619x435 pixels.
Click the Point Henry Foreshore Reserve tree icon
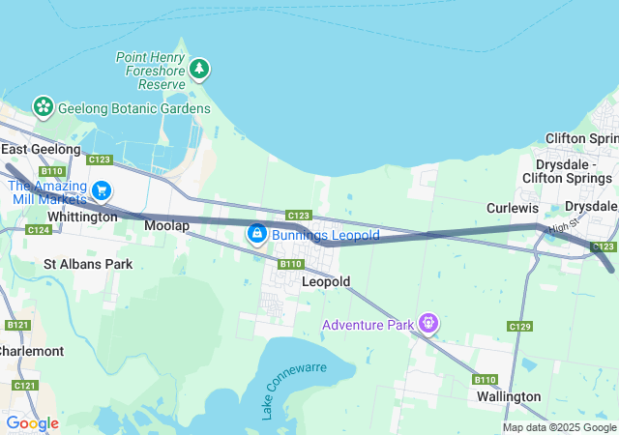point(199,69)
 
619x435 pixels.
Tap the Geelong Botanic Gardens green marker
point(43,106)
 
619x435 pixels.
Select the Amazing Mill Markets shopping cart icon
point(102,190)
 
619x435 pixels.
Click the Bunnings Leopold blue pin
point(256,234)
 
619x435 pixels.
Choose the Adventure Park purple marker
point(428,323)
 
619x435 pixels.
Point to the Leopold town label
point(325,281)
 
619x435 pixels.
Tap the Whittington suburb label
point(81,217)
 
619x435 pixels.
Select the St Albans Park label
point(88,263)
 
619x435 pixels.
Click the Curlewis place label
point(512,208)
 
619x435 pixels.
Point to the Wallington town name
point(509,396)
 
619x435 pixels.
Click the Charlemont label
point(31,351)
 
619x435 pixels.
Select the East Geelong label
point(41,150)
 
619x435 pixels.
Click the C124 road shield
point(40,230)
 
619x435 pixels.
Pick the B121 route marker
point(17,326)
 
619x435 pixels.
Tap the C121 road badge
point(25,386)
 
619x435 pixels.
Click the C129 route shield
point(519,327)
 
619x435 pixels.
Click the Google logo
point(32,423)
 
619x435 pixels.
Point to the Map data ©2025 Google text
point(559,427)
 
